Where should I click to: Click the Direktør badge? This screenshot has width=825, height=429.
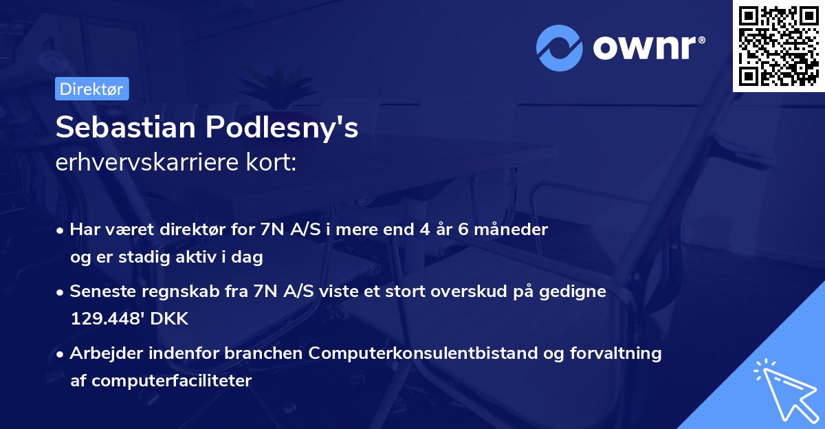[91, 89]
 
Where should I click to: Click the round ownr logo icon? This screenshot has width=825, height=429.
[559, 48]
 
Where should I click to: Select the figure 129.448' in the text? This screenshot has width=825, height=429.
[109, 319]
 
